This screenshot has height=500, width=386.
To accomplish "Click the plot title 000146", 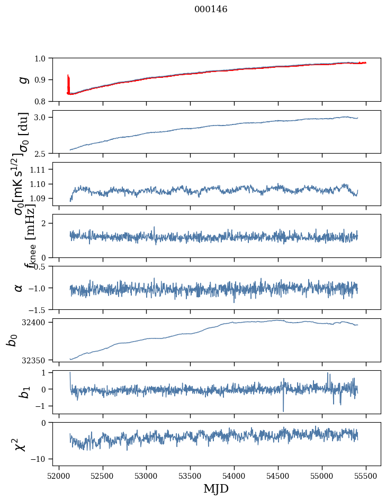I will point(211,9).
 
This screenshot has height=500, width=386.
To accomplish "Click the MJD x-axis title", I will point(216,488).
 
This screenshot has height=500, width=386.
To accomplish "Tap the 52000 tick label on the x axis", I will point(59,475).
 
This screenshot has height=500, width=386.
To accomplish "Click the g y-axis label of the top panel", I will point(22,79).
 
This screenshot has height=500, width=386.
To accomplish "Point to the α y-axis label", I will point(19,287).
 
